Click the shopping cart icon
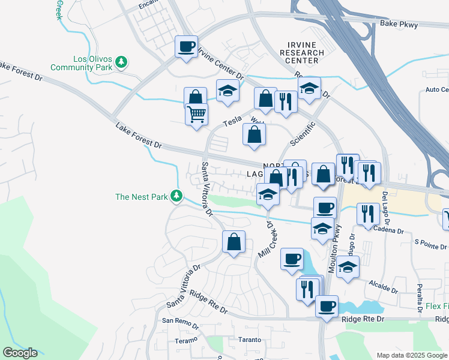[196, 113]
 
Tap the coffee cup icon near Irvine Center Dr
[186, 46]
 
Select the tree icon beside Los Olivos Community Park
[122, 62]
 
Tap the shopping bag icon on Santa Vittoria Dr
[234, 242]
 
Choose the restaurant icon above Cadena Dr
[367, 213]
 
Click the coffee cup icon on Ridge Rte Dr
[327, 305]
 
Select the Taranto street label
[249, 340]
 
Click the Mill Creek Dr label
[264, 239]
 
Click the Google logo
[20, 353]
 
